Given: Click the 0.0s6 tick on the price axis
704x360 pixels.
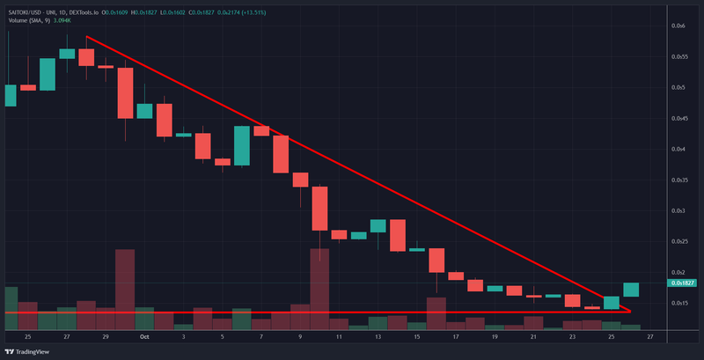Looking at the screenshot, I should point(678,26).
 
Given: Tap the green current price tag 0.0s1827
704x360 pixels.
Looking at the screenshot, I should point(683,283).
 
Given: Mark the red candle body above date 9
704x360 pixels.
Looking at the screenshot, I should point(300,180).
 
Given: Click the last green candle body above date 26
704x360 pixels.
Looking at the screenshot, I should point(631,290).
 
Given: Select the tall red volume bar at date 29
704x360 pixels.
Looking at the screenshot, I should point(125,289).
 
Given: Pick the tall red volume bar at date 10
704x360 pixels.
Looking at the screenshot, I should point(319,288).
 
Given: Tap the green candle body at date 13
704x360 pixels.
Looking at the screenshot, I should point(378,226).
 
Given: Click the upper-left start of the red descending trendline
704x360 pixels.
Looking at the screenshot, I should point(86,37).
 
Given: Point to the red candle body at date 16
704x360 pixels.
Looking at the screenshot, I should point(436,261).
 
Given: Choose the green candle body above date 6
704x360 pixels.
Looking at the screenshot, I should point(242,145).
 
